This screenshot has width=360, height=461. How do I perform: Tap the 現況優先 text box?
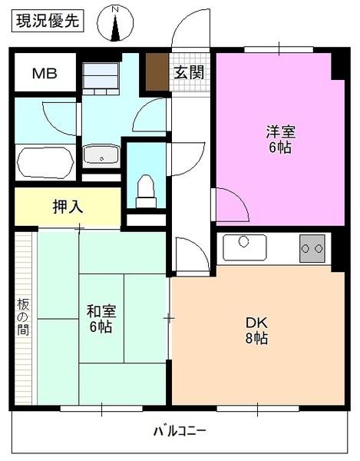pos(48,22)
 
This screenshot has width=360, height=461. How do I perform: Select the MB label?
pos(43,74)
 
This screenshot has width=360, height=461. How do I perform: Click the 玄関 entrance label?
pos(188,73)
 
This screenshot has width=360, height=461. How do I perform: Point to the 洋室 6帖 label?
pos(279,139)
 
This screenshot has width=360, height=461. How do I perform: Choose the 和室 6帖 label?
pos(100,319)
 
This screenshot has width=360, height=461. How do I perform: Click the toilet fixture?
pos(146,191)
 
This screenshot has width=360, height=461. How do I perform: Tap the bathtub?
pos(45,162)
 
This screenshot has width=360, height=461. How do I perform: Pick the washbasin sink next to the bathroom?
pos(101,154)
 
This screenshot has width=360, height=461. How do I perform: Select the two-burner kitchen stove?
pos(312,248)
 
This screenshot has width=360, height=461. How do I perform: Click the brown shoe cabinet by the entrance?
pos(157,72)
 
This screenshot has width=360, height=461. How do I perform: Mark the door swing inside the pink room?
pos(230,204)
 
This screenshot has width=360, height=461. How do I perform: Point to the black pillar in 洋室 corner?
pos(338,66)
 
